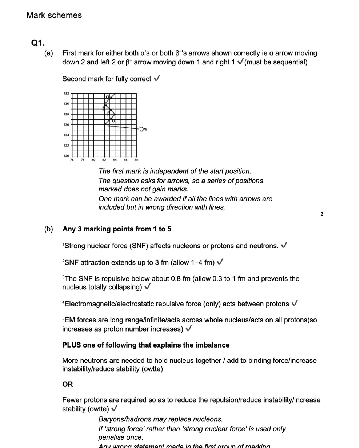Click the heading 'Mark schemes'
coord(54,15)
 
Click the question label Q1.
coord(38,43)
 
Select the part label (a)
coord(49,53)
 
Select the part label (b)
coord(49,229)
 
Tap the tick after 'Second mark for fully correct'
coord(157,79)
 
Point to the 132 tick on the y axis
coord(66,94)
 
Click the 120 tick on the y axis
coord(66,156)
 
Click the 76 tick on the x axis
coord(72,160)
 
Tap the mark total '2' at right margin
coord(321,214)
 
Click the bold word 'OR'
coord(68,384)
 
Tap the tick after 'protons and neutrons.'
coord(285,246)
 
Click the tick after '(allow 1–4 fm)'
coord(220,262)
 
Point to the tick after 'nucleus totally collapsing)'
coord(147,287)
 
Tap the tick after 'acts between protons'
coord(295,304)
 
